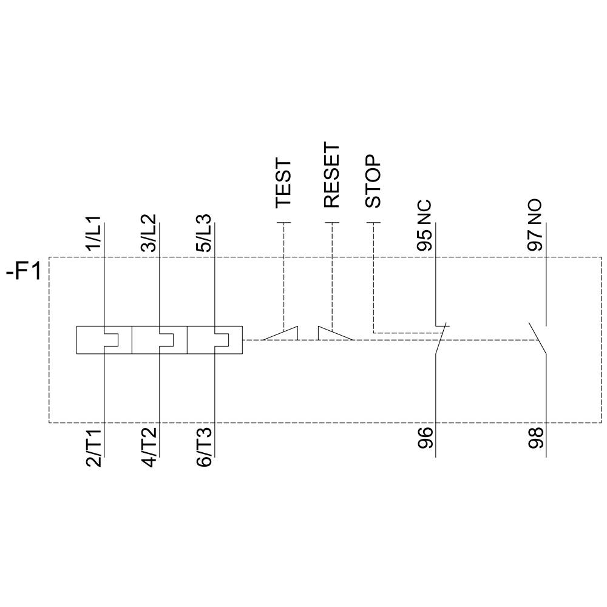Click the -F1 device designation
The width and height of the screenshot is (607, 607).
(24, 271)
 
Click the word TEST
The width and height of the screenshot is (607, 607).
(283, 184)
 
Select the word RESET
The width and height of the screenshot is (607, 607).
(332, 175)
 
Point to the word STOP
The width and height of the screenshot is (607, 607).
(373, 181)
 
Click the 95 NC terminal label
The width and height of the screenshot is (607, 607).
(425, 225)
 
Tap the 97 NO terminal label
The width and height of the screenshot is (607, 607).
(535, 225)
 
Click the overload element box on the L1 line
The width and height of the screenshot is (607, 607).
(104, 340)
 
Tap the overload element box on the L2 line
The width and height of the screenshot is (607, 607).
(159, 340)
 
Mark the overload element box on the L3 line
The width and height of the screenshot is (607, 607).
(215, 340)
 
